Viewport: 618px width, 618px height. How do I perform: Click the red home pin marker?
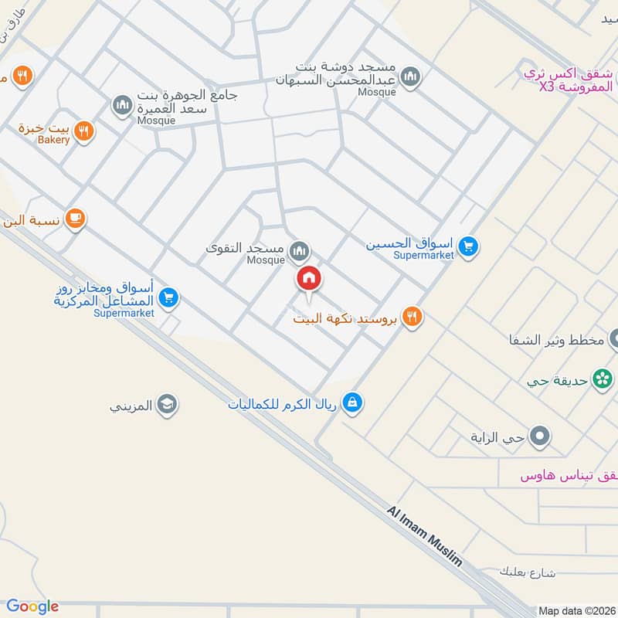tap(308, 278)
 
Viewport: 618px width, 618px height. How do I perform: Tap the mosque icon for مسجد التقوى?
tap(299, 250)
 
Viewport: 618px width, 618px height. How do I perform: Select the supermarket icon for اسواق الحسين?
tap(467, 247)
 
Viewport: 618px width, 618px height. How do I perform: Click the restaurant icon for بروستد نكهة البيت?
tap(413, 316)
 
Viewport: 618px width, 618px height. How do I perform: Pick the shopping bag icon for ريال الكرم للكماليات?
tap(352, 402)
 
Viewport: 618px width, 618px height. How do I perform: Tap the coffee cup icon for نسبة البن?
tap(74, 219)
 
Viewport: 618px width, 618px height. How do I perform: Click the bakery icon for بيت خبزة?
tap(85, 131)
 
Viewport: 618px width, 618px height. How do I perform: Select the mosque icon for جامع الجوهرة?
tap(121, 104)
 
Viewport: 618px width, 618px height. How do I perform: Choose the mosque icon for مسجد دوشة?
tap(411, 76)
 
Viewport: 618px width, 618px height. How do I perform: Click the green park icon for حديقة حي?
tap(600, 379)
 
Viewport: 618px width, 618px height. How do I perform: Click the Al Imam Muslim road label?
tap(425, 537)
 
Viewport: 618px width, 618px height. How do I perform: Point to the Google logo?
tap(32, 606)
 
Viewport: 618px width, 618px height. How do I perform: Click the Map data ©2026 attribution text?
tap(576, 610)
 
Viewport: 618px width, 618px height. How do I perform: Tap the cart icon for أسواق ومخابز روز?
tap(169, 297)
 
